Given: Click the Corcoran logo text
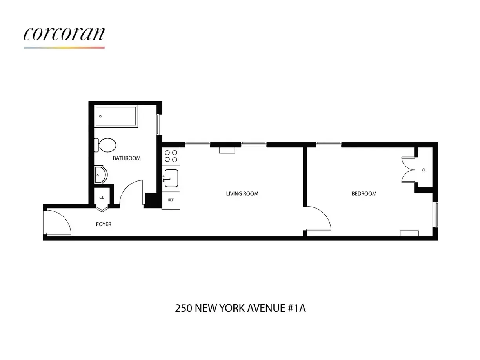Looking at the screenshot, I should click(64, 34).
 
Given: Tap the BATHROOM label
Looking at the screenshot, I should click(127, 158).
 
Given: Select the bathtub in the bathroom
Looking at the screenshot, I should click(116, 116).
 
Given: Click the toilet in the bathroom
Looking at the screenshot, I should click(105, 145).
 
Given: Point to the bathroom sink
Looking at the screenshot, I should click(100, 175).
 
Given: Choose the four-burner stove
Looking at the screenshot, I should click(171, 156).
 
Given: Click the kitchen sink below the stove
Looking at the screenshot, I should click(171, 178).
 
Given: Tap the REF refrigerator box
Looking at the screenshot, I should click(171, 200).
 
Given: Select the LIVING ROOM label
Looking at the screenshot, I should click(242, 193).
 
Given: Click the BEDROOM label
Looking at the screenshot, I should click(364, 193).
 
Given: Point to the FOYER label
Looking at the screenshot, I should click(104, 224).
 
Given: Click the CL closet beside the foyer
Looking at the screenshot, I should click(102, 197).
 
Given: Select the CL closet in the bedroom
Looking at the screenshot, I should click(424, 170).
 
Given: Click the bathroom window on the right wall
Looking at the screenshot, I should click(159, 124).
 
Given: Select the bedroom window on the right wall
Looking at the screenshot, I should click(435, 215).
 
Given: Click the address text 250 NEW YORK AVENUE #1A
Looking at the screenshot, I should click(240, 308).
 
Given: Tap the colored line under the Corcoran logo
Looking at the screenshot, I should click(64, 47).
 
